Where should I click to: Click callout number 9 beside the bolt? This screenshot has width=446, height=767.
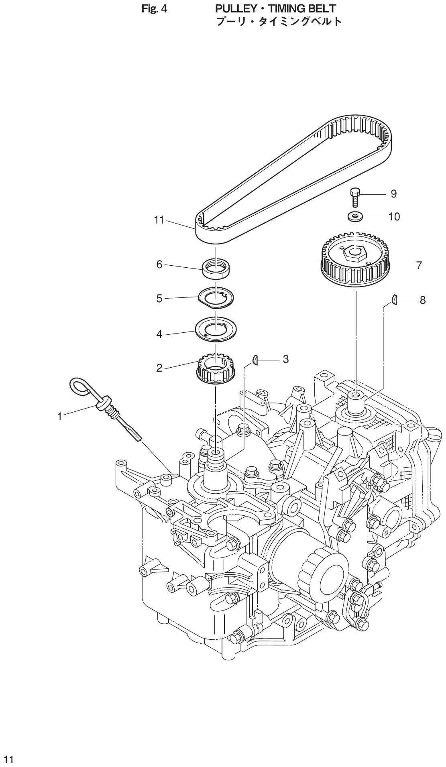point(393,194)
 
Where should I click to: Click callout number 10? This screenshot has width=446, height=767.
point(394,217)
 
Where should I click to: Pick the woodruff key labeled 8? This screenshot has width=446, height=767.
point(395,299)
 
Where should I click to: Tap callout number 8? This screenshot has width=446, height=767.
point(422,300)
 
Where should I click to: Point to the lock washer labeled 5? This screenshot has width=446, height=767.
point(216,298)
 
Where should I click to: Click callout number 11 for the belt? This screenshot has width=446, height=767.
point(159,220)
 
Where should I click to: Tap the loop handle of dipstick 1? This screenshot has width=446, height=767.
point(82,385)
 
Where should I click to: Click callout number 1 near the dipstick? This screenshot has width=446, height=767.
point(59,417)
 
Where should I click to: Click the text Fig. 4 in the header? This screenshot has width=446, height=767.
point(155,8)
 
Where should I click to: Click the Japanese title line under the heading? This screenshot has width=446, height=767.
point(279,21)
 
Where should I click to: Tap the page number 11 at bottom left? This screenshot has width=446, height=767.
point(9,759)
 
